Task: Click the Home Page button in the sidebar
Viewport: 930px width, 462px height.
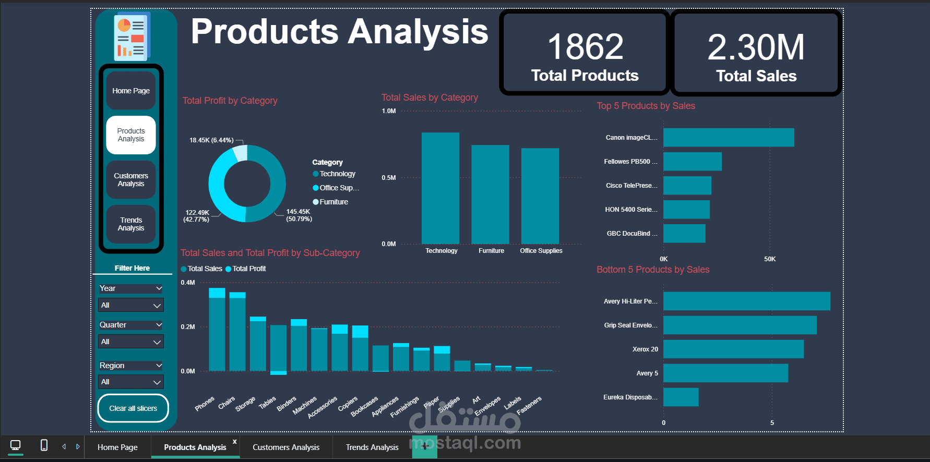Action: tap(131, 91)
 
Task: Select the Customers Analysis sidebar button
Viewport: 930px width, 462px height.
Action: tap(131, 180)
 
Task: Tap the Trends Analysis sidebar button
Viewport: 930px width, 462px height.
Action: tap(131, 224)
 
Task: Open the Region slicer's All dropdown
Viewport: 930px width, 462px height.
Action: tap(130, 382)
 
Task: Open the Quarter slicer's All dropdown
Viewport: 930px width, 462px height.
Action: tap(130, 342)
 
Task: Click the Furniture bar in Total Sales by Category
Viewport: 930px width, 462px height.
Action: tap(490, 194)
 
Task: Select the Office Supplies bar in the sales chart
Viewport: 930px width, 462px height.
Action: tap(540, 196)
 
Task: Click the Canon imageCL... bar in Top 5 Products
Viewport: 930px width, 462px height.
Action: tap(729, 138)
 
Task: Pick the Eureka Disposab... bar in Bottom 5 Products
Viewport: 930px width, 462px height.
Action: tap(681, 397)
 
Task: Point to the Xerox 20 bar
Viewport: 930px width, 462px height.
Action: tap(733, 349)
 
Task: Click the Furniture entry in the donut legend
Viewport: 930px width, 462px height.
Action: tap(333, 202)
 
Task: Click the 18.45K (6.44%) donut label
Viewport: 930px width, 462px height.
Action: tap(211, 140)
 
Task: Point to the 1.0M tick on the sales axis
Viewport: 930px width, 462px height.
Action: tap(389, 111)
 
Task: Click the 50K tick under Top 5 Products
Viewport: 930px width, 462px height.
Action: tap(770, 259)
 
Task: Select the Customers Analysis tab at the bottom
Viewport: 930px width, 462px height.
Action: tap(286, 447)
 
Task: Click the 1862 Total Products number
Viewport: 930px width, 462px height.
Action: tap(585, 47)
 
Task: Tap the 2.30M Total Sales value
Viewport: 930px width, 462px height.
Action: tap(756, 47)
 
